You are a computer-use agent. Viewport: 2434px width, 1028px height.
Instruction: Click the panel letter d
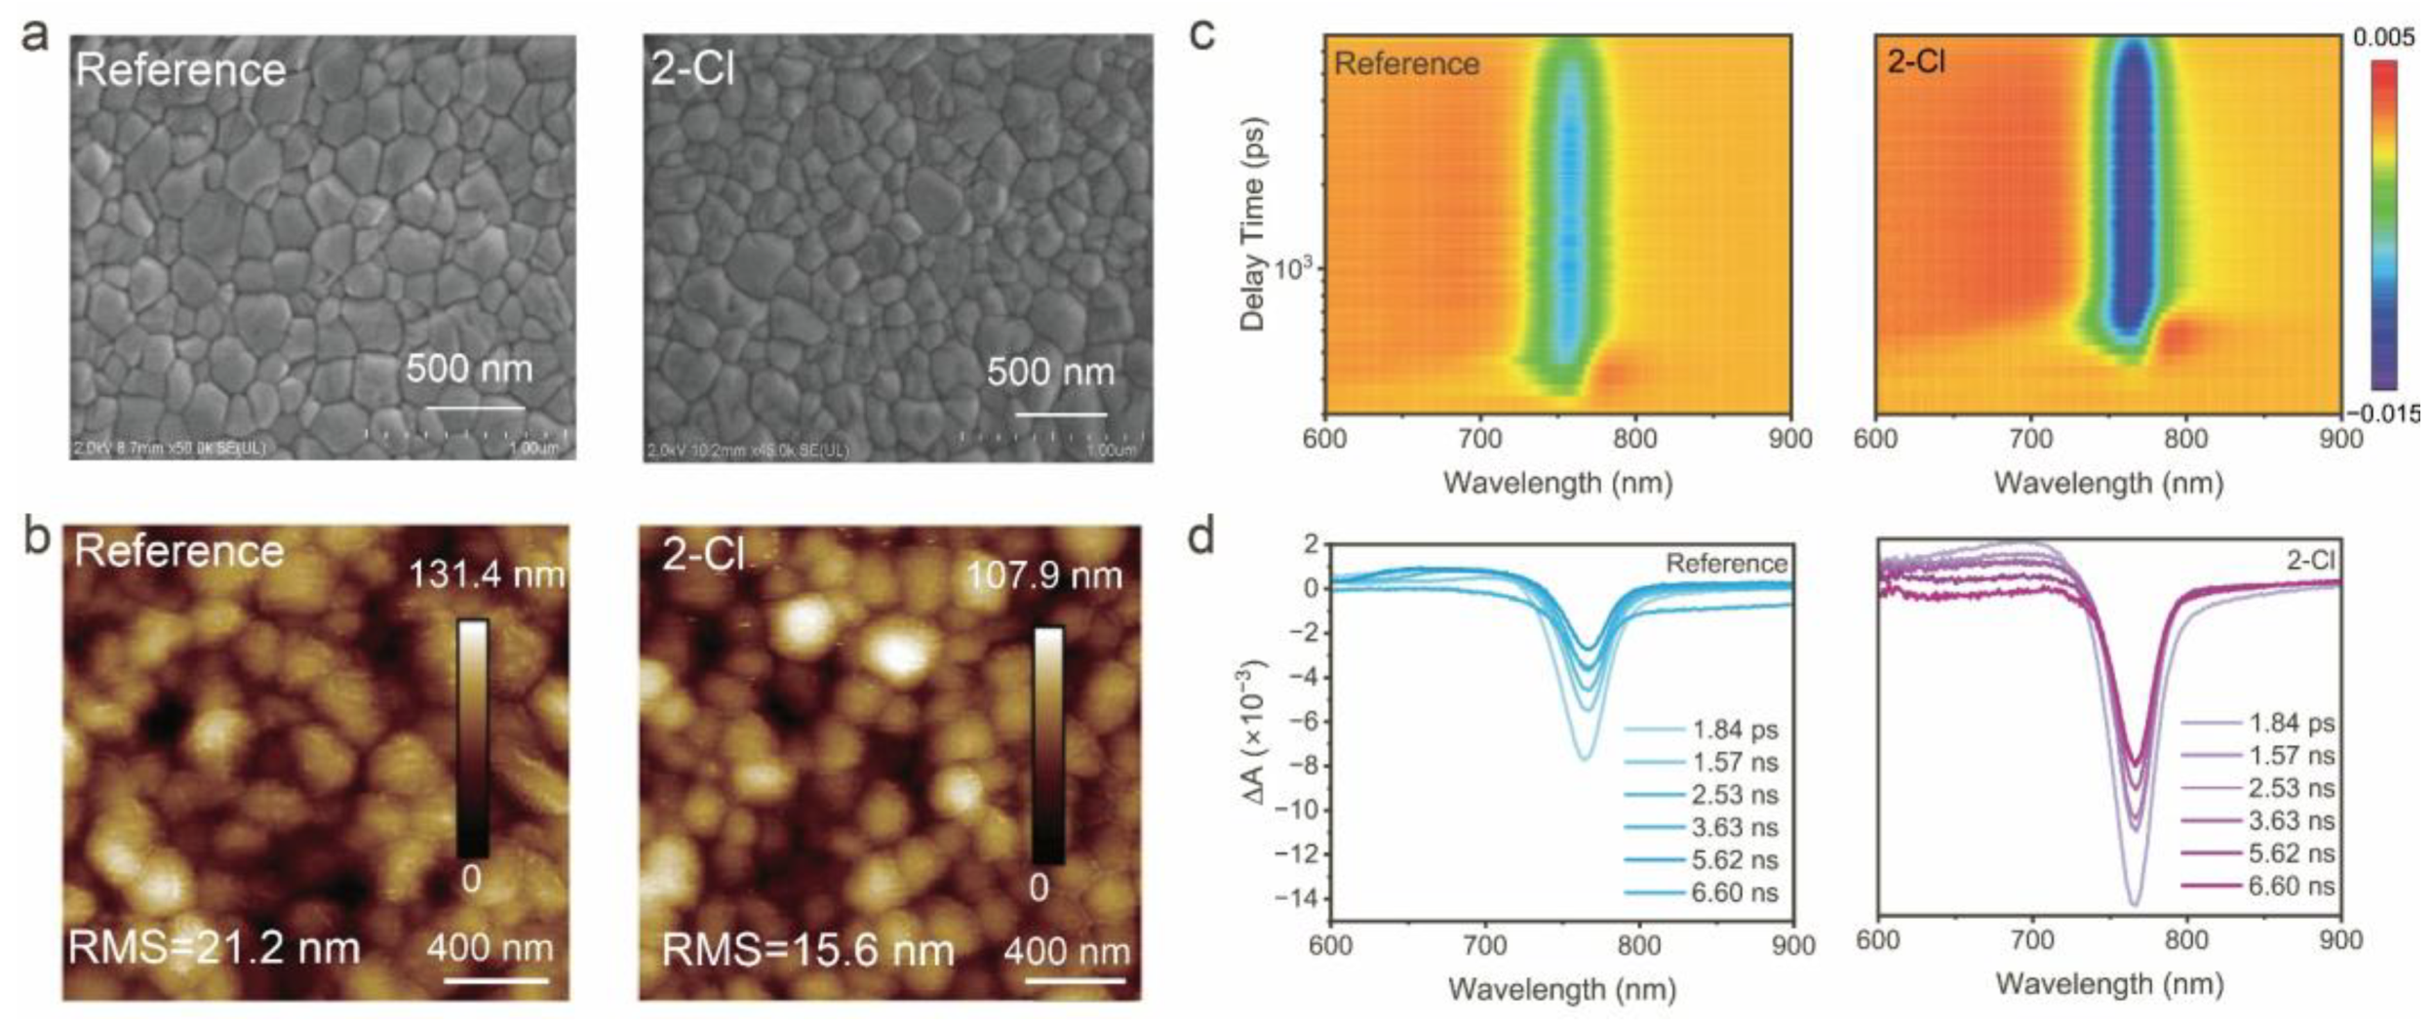[x=1202, y=537]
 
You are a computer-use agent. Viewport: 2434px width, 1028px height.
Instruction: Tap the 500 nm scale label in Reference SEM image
[x=469, y=369]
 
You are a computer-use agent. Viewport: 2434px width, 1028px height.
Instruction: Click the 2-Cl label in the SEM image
[x=692, y=68]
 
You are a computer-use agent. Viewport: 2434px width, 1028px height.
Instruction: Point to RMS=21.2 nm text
[x=214, y=948]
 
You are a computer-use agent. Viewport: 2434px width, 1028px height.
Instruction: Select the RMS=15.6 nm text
[x=807, y=950]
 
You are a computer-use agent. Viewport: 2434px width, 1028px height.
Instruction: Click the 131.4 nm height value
[x=486, y=574]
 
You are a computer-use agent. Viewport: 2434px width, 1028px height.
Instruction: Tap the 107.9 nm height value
[x=1043, y=575]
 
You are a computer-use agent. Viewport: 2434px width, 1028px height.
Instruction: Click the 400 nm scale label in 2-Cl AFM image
[x=1066, y=951]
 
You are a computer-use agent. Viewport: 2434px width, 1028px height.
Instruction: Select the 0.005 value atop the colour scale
[x=2383, y=37]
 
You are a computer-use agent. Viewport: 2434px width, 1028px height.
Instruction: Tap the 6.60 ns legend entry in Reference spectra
[x=1734, y=892]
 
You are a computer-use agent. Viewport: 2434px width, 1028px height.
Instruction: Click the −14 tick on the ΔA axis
[x=1302, y=897]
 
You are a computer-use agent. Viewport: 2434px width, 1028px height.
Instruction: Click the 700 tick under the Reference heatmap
[x=1479, y=439]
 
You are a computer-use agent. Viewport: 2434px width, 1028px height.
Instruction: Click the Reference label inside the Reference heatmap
[x=1406, y=64]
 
